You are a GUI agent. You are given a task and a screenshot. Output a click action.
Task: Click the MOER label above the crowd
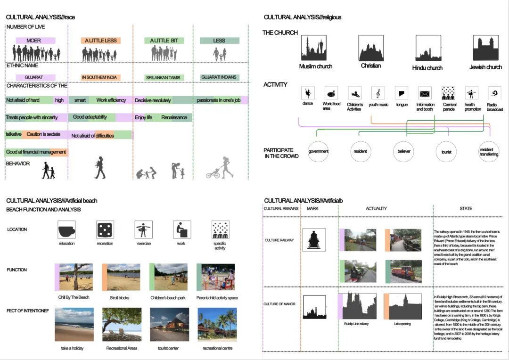[x=34, y=41]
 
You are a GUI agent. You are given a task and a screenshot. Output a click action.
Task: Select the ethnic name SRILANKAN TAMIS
[x=164, y=77]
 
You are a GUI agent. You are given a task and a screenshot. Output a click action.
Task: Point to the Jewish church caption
[x=485, y=67]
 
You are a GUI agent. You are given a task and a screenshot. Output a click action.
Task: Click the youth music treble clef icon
[x=378, y=92]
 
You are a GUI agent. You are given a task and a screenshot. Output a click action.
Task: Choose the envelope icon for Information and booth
[x=425, y=93]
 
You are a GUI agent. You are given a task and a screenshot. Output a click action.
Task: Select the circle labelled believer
[x=404, y=151]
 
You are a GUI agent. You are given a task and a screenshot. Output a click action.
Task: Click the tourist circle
[x=446, y=152]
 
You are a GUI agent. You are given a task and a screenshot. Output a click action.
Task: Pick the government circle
[x=318, y=151]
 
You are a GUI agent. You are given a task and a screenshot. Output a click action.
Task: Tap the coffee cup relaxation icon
[x=66, y=229]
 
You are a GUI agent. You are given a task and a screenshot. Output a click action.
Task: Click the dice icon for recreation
[x=105, y=229]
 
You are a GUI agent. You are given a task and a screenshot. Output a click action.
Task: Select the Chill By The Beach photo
[x=75, y=277]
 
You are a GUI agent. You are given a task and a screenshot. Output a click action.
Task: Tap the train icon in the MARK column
[x=313, y=239]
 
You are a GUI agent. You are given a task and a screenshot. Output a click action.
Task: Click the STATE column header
[x=466, y=208]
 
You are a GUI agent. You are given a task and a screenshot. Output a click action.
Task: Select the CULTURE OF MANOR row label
[x=280, y=304]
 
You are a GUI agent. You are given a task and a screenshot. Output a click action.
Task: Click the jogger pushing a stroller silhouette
[x=220, y=168]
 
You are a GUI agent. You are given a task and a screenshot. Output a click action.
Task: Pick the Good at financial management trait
[x=36, y=152]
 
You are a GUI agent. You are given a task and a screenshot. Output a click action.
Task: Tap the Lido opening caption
[x=402, y=324]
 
